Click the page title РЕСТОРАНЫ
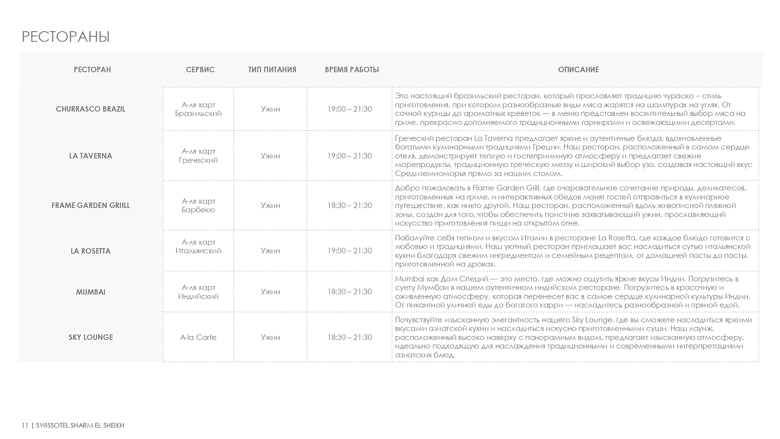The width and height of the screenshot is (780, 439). [66, 37]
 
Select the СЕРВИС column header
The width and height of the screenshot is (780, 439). [200, 70]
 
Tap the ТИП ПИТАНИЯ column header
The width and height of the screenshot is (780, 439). [272, 70]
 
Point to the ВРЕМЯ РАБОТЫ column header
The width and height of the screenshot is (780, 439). [352, 70]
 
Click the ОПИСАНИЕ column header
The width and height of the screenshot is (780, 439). [578, 70]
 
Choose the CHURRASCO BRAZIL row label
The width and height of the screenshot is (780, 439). [90, 109]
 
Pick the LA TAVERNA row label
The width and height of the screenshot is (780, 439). [90, 156]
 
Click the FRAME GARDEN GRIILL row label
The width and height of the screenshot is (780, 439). [90, 205]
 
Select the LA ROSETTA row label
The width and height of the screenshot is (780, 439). [90, 251]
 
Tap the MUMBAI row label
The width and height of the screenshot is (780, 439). [90, 292]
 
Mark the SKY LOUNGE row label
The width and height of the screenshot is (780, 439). [90, 338]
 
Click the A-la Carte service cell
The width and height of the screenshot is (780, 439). [198, 338]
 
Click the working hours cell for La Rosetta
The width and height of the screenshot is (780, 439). [349, 251]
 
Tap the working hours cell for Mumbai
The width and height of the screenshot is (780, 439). [349, 292]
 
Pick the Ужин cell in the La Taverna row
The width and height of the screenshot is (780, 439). [270, 156]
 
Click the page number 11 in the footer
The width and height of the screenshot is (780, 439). [24, 425]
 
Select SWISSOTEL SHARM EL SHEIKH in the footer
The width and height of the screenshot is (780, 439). [80, 425]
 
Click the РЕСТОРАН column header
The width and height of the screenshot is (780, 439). [92, 70]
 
